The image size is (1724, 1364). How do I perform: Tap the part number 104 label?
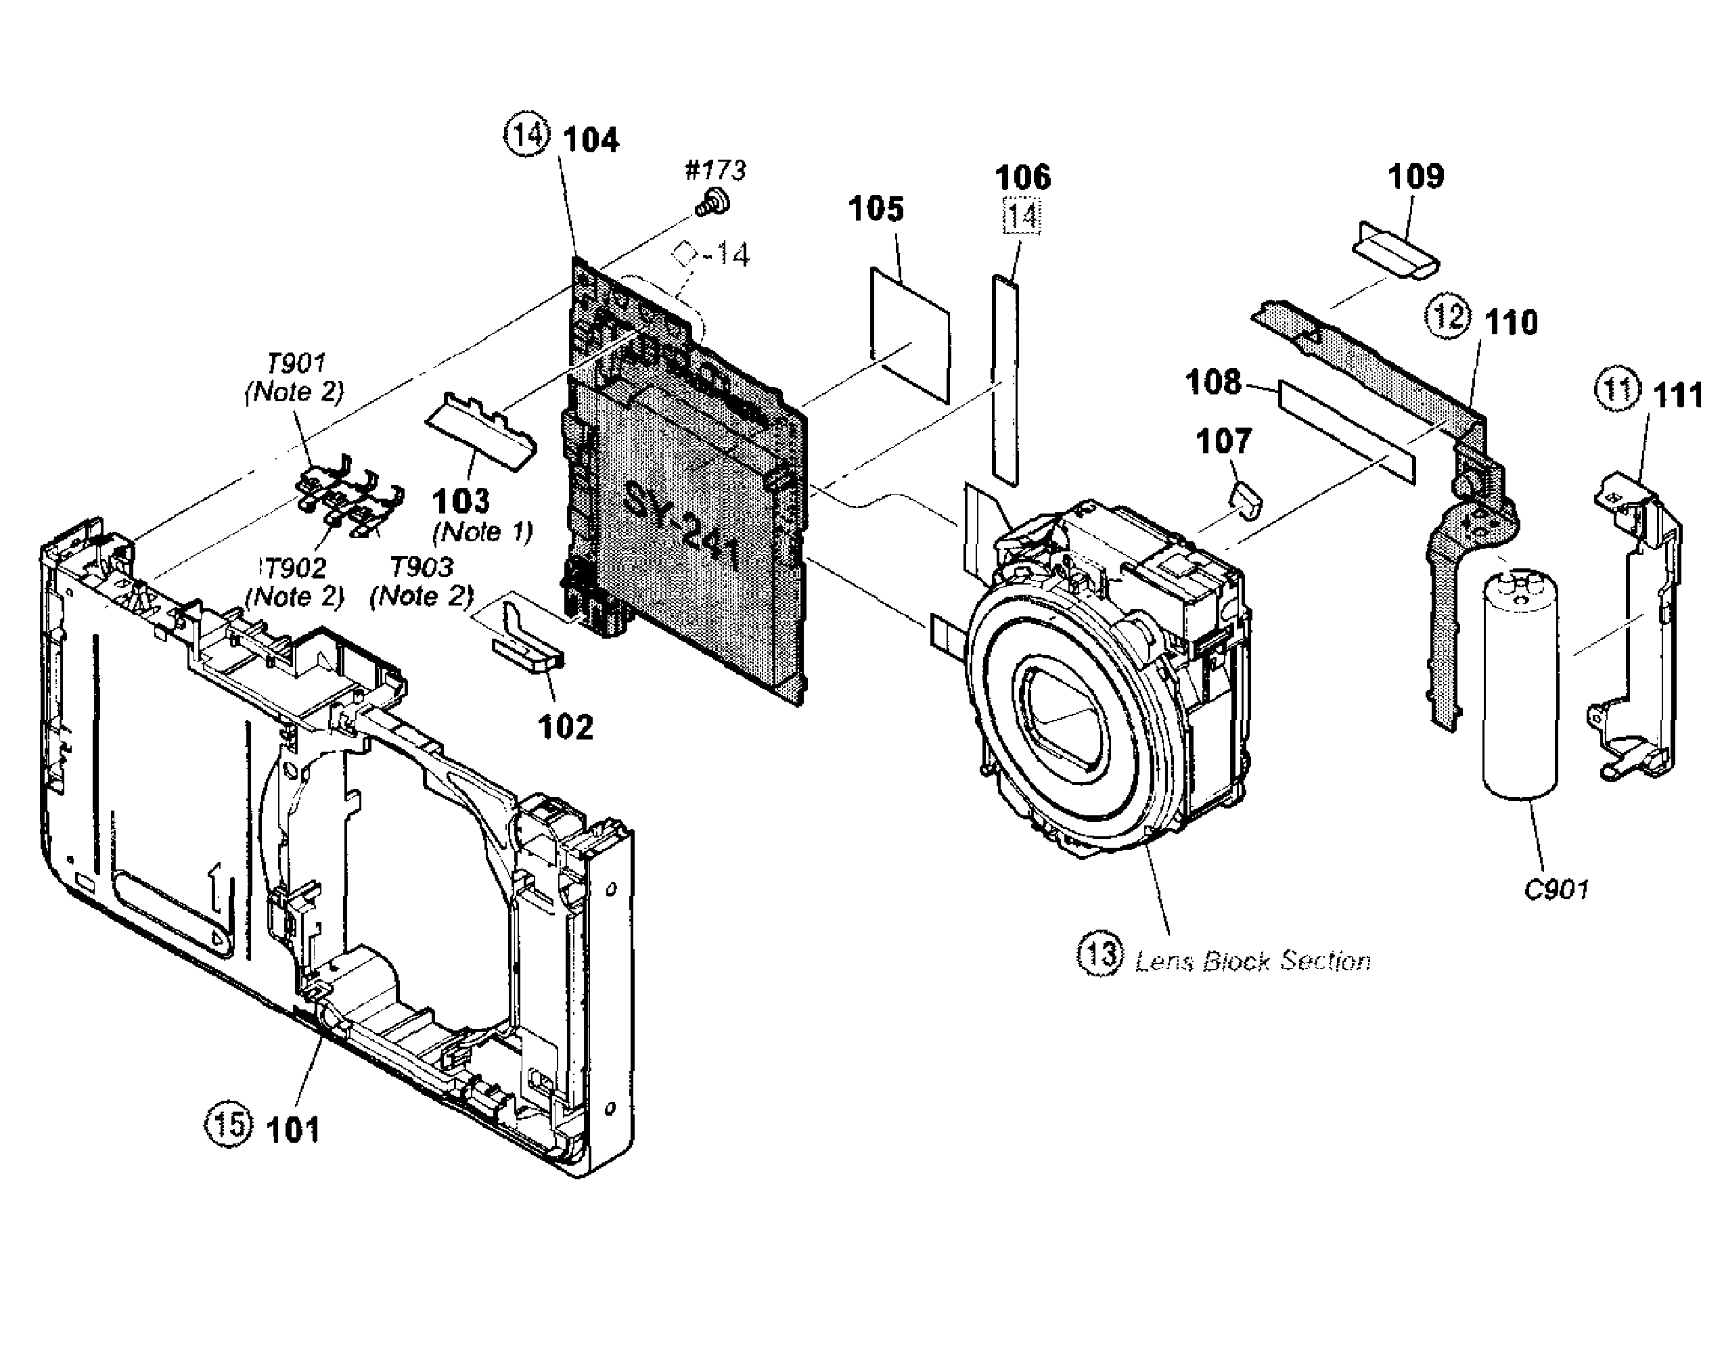(591, 140)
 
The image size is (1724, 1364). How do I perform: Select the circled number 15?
(229, 1125)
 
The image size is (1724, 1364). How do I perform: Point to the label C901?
(1556, 890)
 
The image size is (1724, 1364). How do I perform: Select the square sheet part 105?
(910, 335)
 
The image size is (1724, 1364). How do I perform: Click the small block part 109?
(1393, 250)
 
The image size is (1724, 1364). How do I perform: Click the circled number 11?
(1617, 390)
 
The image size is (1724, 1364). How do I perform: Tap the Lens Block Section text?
(1252, 961)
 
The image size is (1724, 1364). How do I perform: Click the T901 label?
(296, 364)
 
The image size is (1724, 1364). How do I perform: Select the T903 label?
(422, 568)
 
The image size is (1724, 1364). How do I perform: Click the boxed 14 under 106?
(1021, 216)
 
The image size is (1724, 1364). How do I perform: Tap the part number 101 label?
(292, 1130)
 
